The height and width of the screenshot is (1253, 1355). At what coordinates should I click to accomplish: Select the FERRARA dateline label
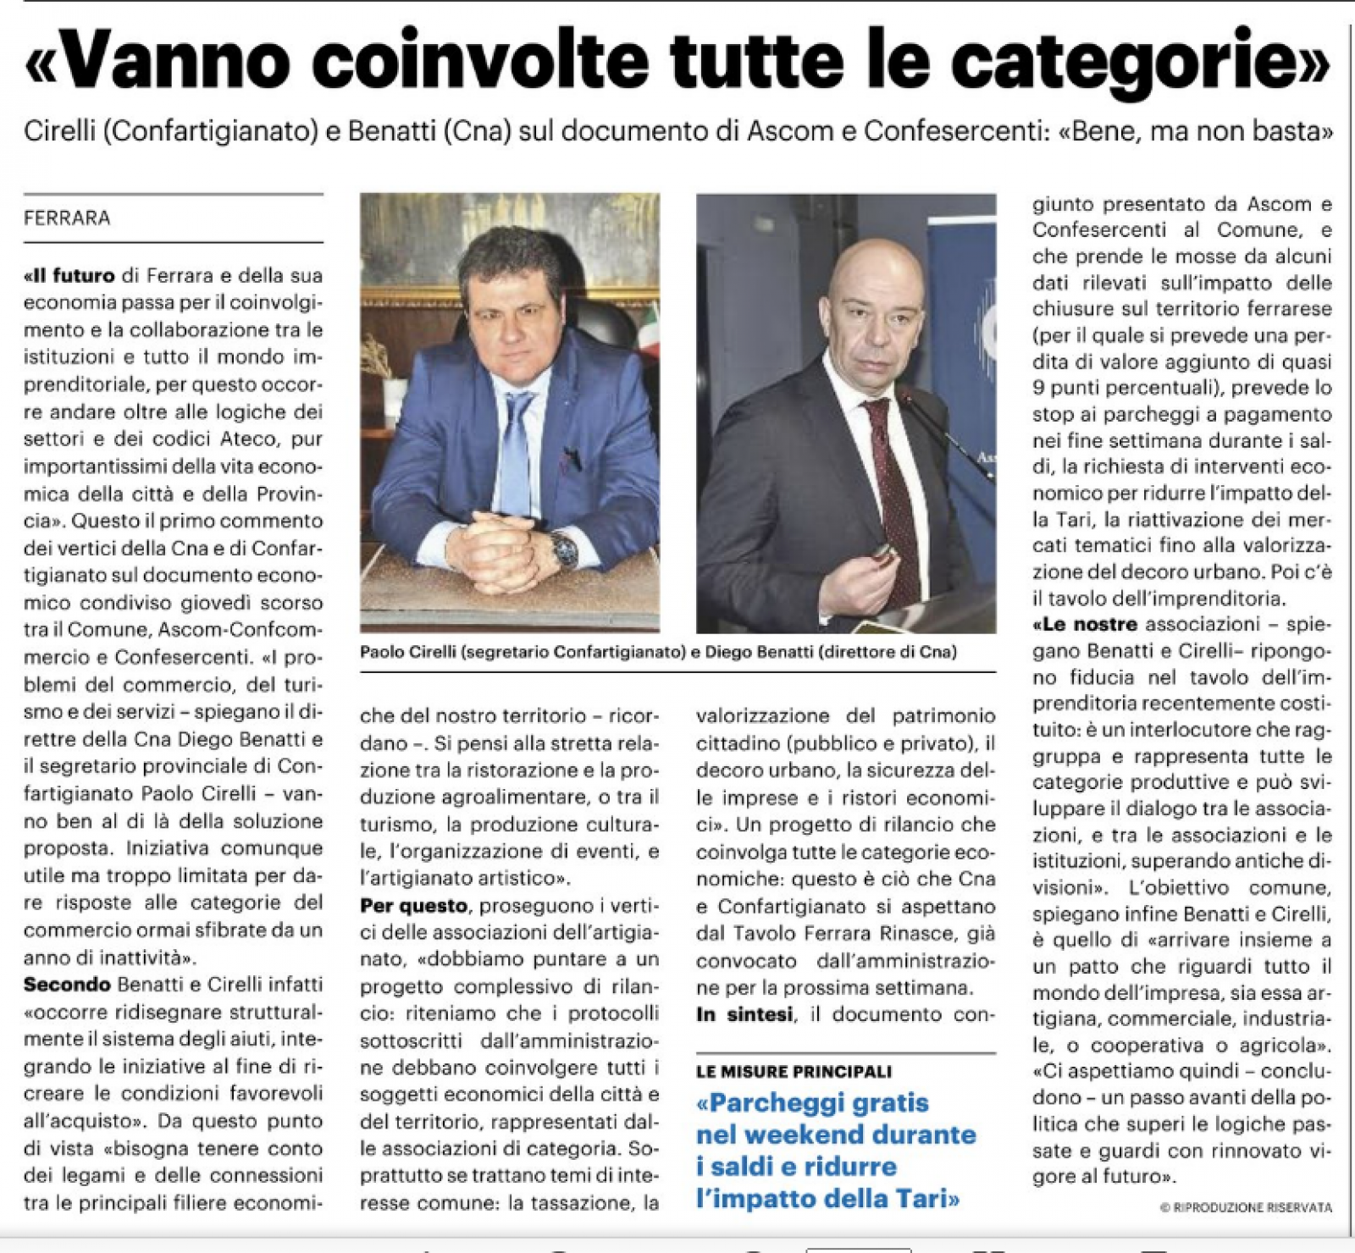(67, 218)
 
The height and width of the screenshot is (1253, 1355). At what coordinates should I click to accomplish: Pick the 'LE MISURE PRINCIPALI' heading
(794, 1072)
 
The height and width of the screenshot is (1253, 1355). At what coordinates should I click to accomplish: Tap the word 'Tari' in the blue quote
(919, 1199)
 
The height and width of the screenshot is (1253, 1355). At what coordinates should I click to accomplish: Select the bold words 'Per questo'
(413, 906)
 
